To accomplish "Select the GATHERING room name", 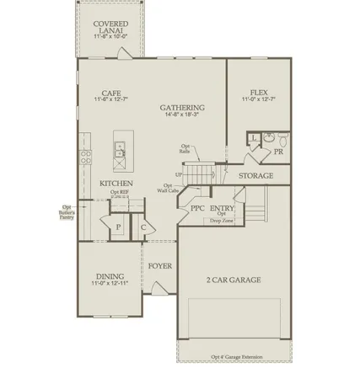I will pyautogui.click(x=182, y=109).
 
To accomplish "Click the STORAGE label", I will pyautogui.click(x=255, y=175).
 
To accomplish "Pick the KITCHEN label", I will pyautogui.click(x=116, y=182).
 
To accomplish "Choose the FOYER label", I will pyautogui.click(x=160, y=266).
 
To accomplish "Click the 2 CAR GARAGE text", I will pyautogui.click(x=233, y=280).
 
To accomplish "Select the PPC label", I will pyautogui.click(x=197, y=207).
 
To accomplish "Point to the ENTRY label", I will pyautogui.click(x=223, y=207).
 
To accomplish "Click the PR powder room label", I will pyautogui.click(x=278, y=153).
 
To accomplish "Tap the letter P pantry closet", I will pyautogui.click(x=119, y=227).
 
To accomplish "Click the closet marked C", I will pyautogui.click(x=143, y=227).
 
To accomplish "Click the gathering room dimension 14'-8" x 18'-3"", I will pyautogui.click(x=182, y=117).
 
